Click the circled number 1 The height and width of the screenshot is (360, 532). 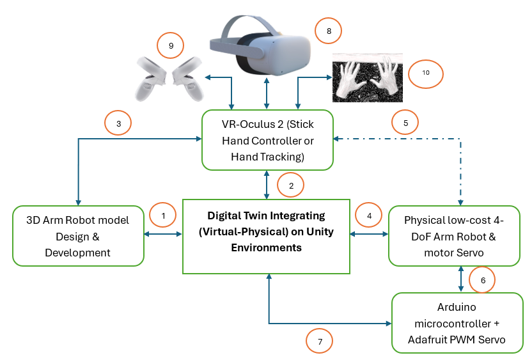coord(163,216)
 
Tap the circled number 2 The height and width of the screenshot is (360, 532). coord(291,185)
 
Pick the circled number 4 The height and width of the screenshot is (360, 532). coord(368,216)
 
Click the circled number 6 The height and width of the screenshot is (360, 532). coord(482,280)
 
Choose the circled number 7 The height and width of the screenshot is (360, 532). coord(320,341)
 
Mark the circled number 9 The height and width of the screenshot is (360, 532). coord(171,45)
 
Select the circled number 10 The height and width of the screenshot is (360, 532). coord(426,73)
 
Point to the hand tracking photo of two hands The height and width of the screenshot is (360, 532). coord(367,77)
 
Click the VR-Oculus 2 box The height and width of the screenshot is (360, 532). coord(267,139)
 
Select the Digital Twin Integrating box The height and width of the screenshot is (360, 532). coord(266,235)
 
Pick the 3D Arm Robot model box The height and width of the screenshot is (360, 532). coord(78,236)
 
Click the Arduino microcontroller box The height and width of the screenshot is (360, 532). coord(457,324)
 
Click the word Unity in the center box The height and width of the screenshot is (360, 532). coord(318,231)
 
